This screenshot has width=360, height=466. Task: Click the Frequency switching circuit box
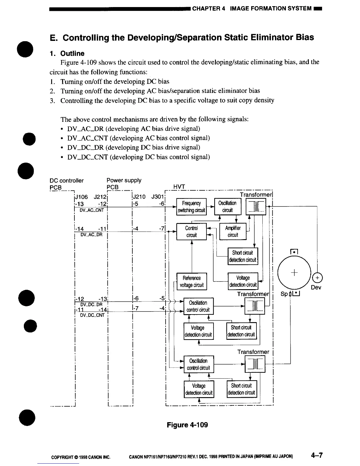click(x=191, y=207)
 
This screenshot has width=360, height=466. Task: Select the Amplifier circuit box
click(x=233, y=232)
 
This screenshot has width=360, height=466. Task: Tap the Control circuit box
click(x=191, y=232)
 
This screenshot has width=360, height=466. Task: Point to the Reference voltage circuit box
click(x=191, y=282)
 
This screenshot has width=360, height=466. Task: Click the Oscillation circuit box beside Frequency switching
click(x=227, y=207)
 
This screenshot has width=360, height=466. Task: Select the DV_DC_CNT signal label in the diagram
click(x=92, y=315)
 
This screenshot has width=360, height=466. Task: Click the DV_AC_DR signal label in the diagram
click(x=91, y=235)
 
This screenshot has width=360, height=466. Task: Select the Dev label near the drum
click(x=316, y=287)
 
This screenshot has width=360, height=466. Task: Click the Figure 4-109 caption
click(x=187, y=425)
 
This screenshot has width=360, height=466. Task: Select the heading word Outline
click(x=72, y=53)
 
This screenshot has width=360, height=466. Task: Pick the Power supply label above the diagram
click(x=124, y=180)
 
